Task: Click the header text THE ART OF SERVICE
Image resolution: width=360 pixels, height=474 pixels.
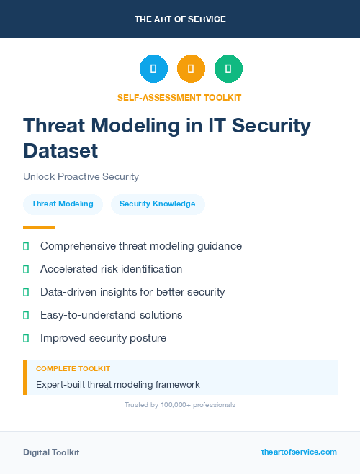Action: (x=180, y=19)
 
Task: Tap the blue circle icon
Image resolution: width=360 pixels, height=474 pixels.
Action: (x=153, y=68)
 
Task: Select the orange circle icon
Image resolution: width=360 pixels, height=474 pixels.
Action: (x=191, y=68)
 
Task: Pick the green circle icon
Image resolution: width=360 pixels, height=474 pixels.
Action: (x=228, y=68)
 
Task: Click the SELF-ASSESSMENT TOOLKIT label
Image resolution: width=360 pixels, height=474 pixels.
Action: (x=179, y=97)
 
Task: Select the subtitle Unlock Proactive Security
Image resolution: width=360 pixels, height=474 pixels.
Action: (x=81, y=176)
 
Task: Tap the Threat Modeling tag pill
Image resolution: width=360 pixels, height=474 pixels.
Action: (x=63, y=204)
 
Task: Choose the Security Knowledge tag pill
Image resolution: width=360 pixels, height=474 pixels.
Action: (x=157, y=204)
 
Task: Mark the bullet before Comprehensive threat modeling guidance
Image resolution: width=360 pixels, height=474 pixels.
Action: (x=26, y=246)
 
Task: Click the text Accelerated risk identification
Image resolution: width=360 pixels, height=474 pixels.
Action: (x=111, y=269)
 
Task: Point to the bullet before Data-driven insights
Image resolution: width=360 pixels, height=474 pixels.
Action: (x=26, y=292)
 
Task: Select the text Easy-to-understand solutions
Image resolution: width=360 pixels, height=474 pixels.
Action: (x=111, y=315)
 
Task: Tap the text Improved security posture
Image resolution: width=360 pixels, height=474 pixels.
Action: (x=103, y=338)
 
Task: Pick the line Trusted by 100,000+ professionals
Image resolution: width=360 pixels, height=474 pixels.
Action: (x=179, y=405)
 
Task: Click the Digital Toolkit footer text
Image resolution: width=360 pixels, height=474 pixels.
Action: (x=51, y=452)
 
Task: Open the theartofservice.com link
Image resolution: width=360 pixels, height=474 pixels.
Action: (x=299, y=452)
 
